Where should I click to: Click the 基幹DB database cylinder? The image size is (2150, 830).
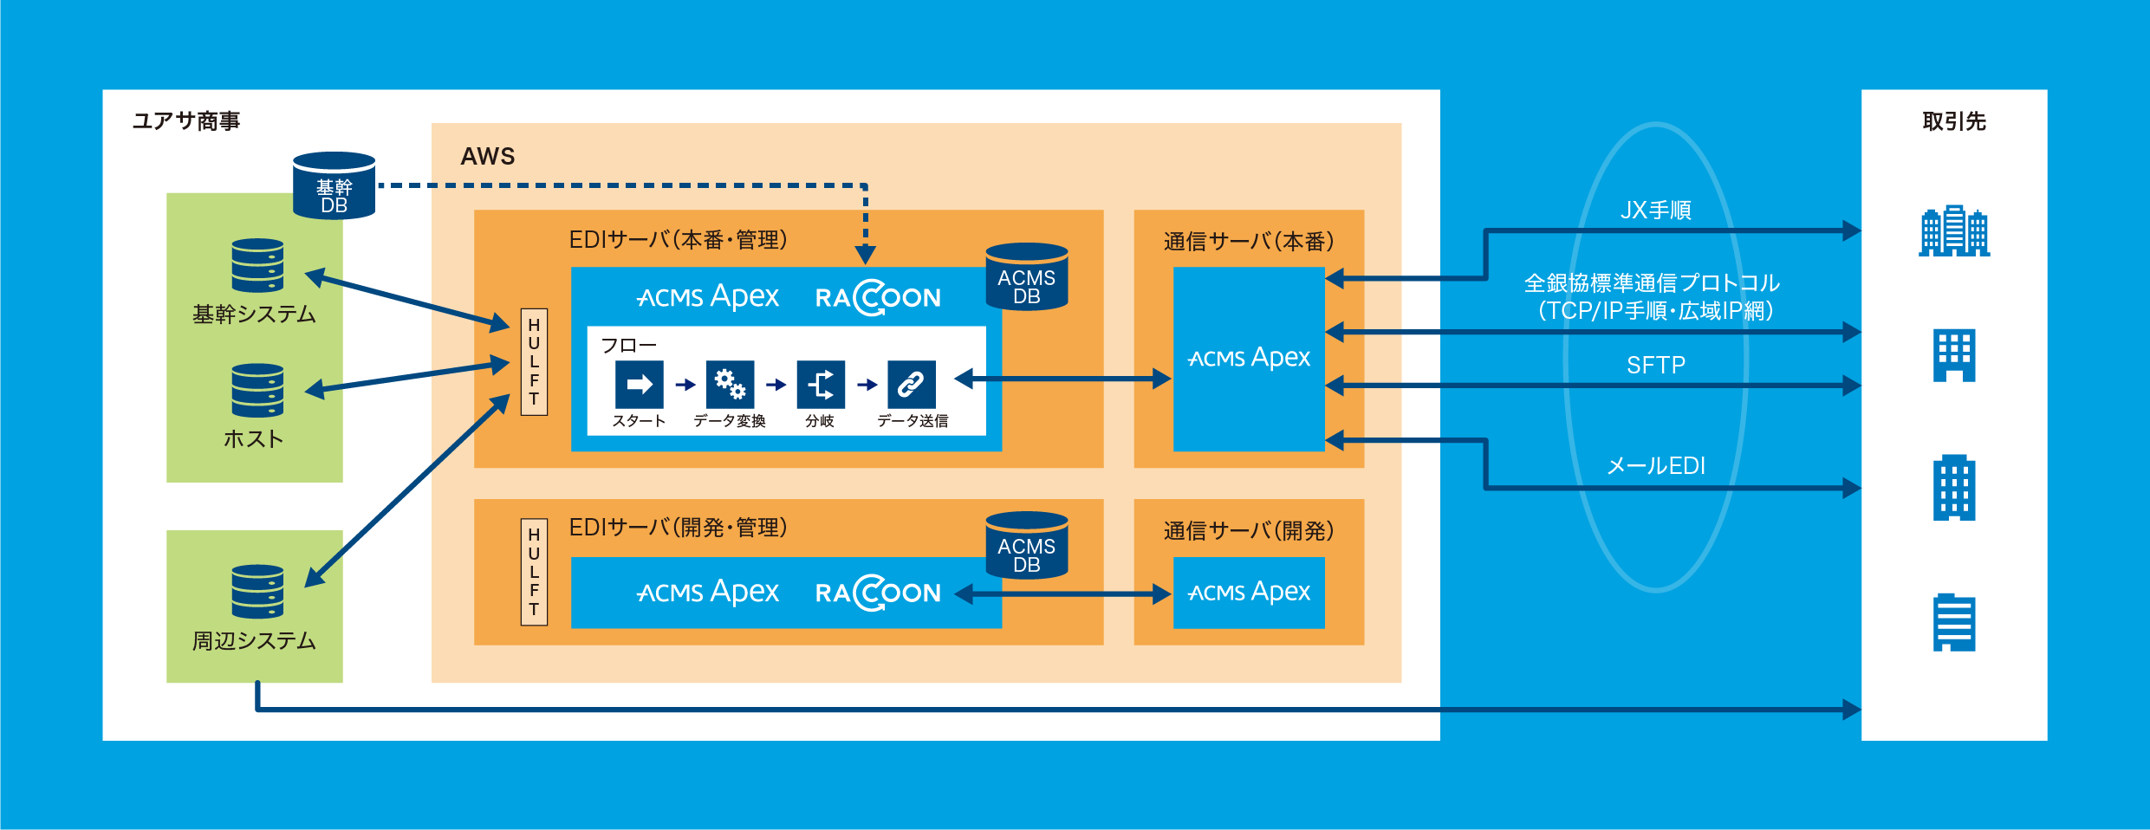pyautogui.click(x=334, y=186)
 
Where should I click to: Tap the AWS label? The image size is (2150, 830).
pyautogui.click(x=487, y=157)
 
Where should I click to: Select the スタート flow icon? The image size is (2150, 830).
pyautogui.click(x=640, y=385)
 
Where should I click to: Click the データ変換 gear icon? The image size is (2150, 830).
pyautogui.click(x=730, y=385)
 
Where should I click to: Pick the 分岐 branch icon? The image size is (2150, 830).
pyautogui.click(x=821, y=385)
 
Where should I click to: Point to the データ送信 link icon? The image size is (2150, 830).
pyautogui.click(x=912, y=385)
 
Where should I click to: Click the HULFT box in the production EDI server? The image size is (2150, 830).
pyautogui.click(x=534, y=362)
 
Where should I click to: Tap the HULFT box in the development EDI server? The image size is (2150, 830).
pyautogui.click(x=534, y=572)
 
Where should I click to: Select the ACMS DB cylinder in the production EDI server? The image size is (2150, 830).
pyautogui.click(x=1027, y=277)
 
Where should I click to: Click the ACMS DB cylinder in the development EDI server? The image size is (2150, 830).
pyautogui.click(x=1027, y=546)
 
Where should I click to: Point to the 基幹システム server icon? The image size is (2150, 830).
pyautogui.click(x=257, y=266)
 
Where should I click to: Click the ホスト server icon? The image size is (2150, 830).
pyautogui.click(x=257, y=391)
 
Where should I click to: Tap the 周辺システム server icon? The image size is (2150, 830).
pyautogui.click(x=257, y=592)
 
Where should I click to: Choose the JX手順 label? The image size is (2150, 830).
pyautogui.click(x=1655, y=211)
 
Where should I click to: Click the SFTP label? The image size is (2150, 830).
pyautogui.click(x=1655, y=366)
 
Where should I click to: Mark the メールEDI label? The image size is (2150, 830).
pyautogui.click(x=1655, y=466)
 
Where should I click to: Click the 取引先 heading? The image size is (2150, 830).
pyautogui.click(x=1953, y=121)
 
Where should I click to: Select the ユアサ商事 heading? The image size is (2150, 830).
pyautogui.click(x=186, y=120)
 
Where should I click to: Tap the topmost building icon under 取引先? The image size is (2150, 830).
pyautogui.click(x=1954, y=231)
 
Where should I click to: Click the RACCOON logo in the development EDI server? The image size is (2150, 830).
pyautogui.click(x=878, y=593)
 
